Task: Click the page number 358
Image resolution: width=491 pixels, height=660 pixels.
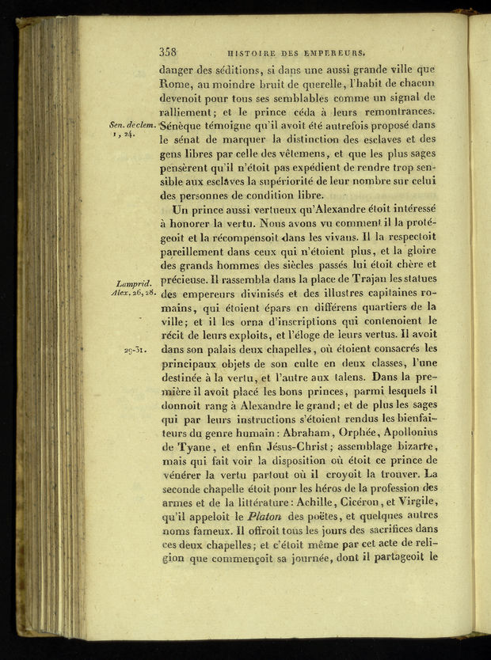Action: click(167, 52)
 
